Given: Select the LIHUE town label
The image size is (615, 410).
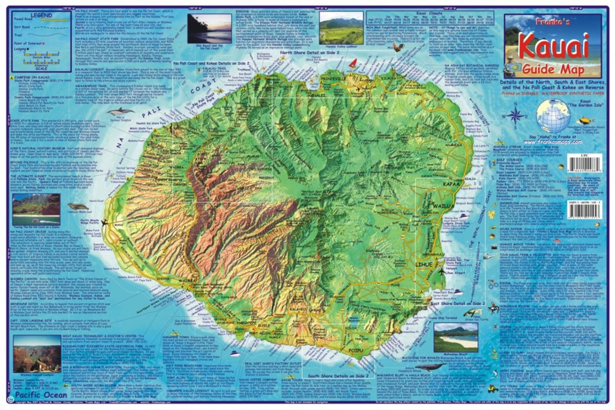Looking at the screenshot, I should (423, 265).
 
